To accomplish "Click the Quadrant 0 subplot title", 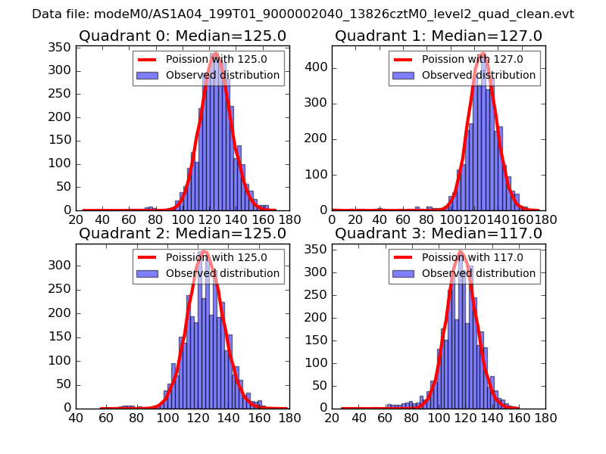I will (182, 36).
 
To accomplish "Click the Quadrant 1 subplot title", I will (439, 36).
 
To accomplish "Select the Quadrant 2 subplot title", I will (182, 234).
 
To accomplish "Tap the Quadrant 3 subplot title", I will (439, 234).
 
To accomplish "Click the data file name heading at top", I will (303, 14).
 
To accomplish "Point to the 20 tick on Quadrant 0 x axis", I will (76, 219).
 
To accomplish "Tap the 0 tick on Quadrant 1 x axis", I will (332, 219).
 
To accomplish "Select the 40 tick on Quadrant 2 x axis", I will (76, 417).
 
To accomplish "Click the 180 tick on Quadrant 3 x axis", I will (545, 417).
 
